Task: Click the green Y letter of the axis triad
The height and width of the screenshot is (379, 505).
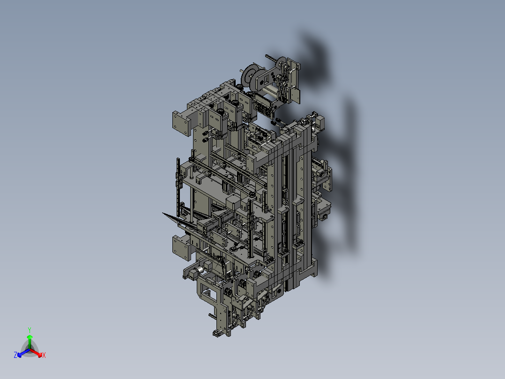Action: pos(30,330)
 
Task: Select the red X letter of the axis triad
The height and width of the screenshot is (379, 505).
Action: pos(44,356)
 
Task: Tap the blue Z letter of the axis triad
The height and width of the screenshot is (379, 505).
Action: pos(15,356)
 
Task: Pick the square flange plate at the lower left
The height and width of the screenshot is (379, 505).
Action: pos(181,247)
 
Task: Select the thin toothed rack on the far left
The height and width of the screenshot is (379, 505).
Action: pos(178,188)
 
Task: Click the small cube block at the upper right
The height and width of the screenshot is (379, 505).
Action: pos(321,122)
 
